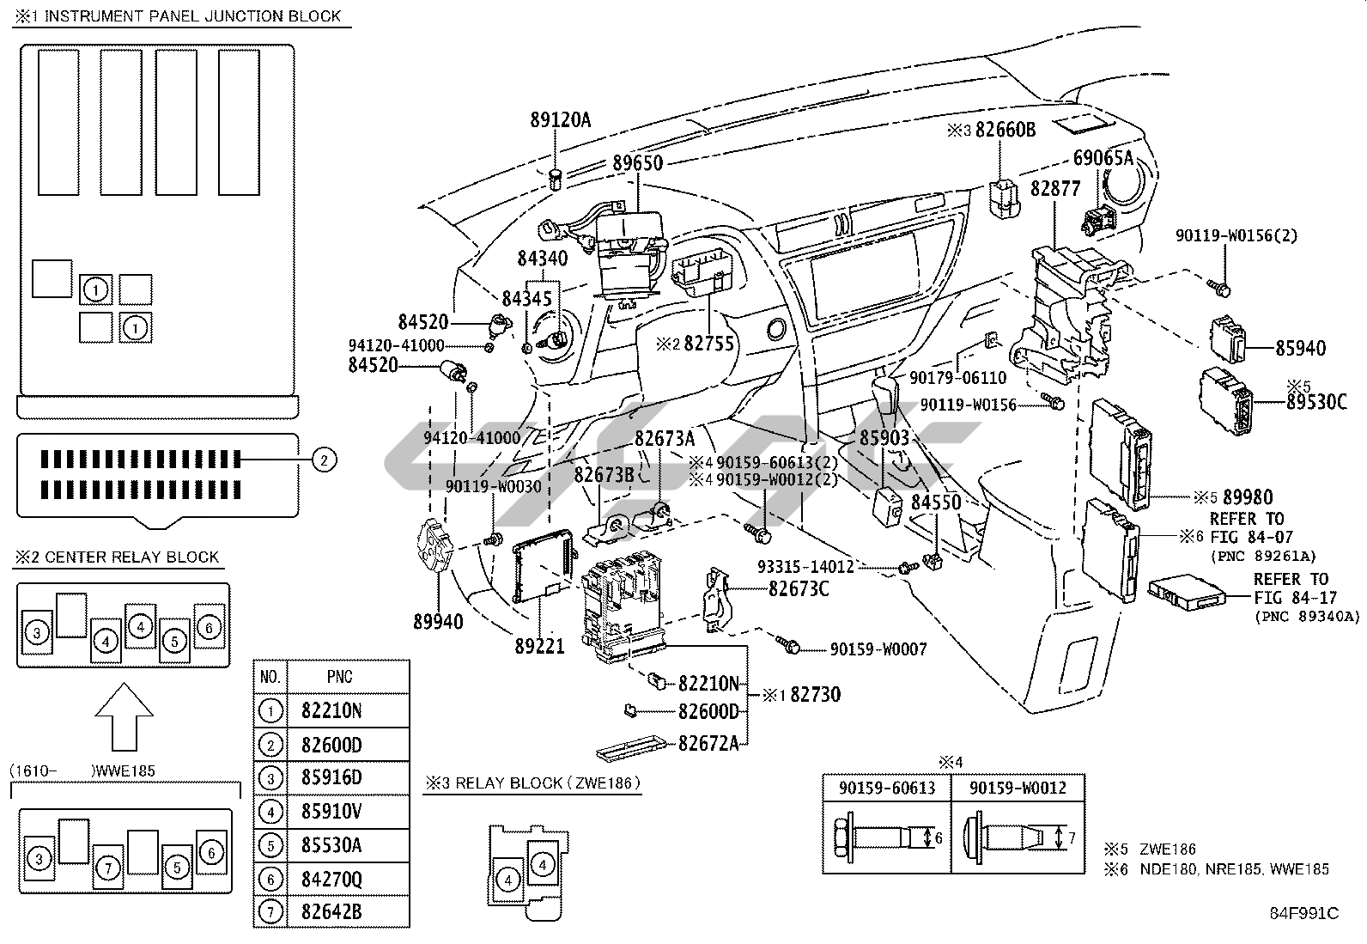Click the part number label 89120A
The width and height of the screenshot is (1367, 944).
[560, 120]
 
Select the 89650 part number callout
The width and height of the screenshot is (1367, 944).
[637, 162]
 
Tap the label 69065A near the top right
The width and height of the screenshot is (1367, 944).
[1103, 158]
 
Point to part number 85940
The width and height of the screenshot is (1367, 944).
[1300, 349]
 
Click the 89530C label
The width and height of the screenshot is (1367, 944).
[1316, 401]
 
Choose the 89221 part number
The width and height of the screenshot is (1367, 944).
[539, 645]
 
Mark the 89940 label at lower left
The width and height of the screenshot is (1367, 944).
[438, 622]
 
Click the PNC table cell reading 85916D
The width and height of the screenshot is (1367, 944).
[331, 778]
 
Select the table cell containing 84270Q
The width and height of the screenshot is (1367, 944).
[331, 879]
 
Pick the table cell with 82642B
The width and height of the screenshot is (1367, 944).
[331, 912]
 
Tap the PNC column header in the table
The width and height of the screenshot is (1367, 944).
[339, 677]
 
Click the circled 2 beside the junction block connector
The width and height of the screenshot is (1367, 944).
[323, 460]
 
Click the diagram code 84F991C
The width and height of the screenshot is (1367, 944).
[1304, 914]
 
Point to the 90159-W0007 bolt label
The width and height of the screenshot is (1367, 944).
[878, 649]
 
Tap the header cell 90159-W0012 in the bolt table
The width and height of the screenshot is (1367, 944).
[1018, 788]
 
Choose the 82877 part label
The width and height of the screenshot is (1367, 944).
[1054, 189]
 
